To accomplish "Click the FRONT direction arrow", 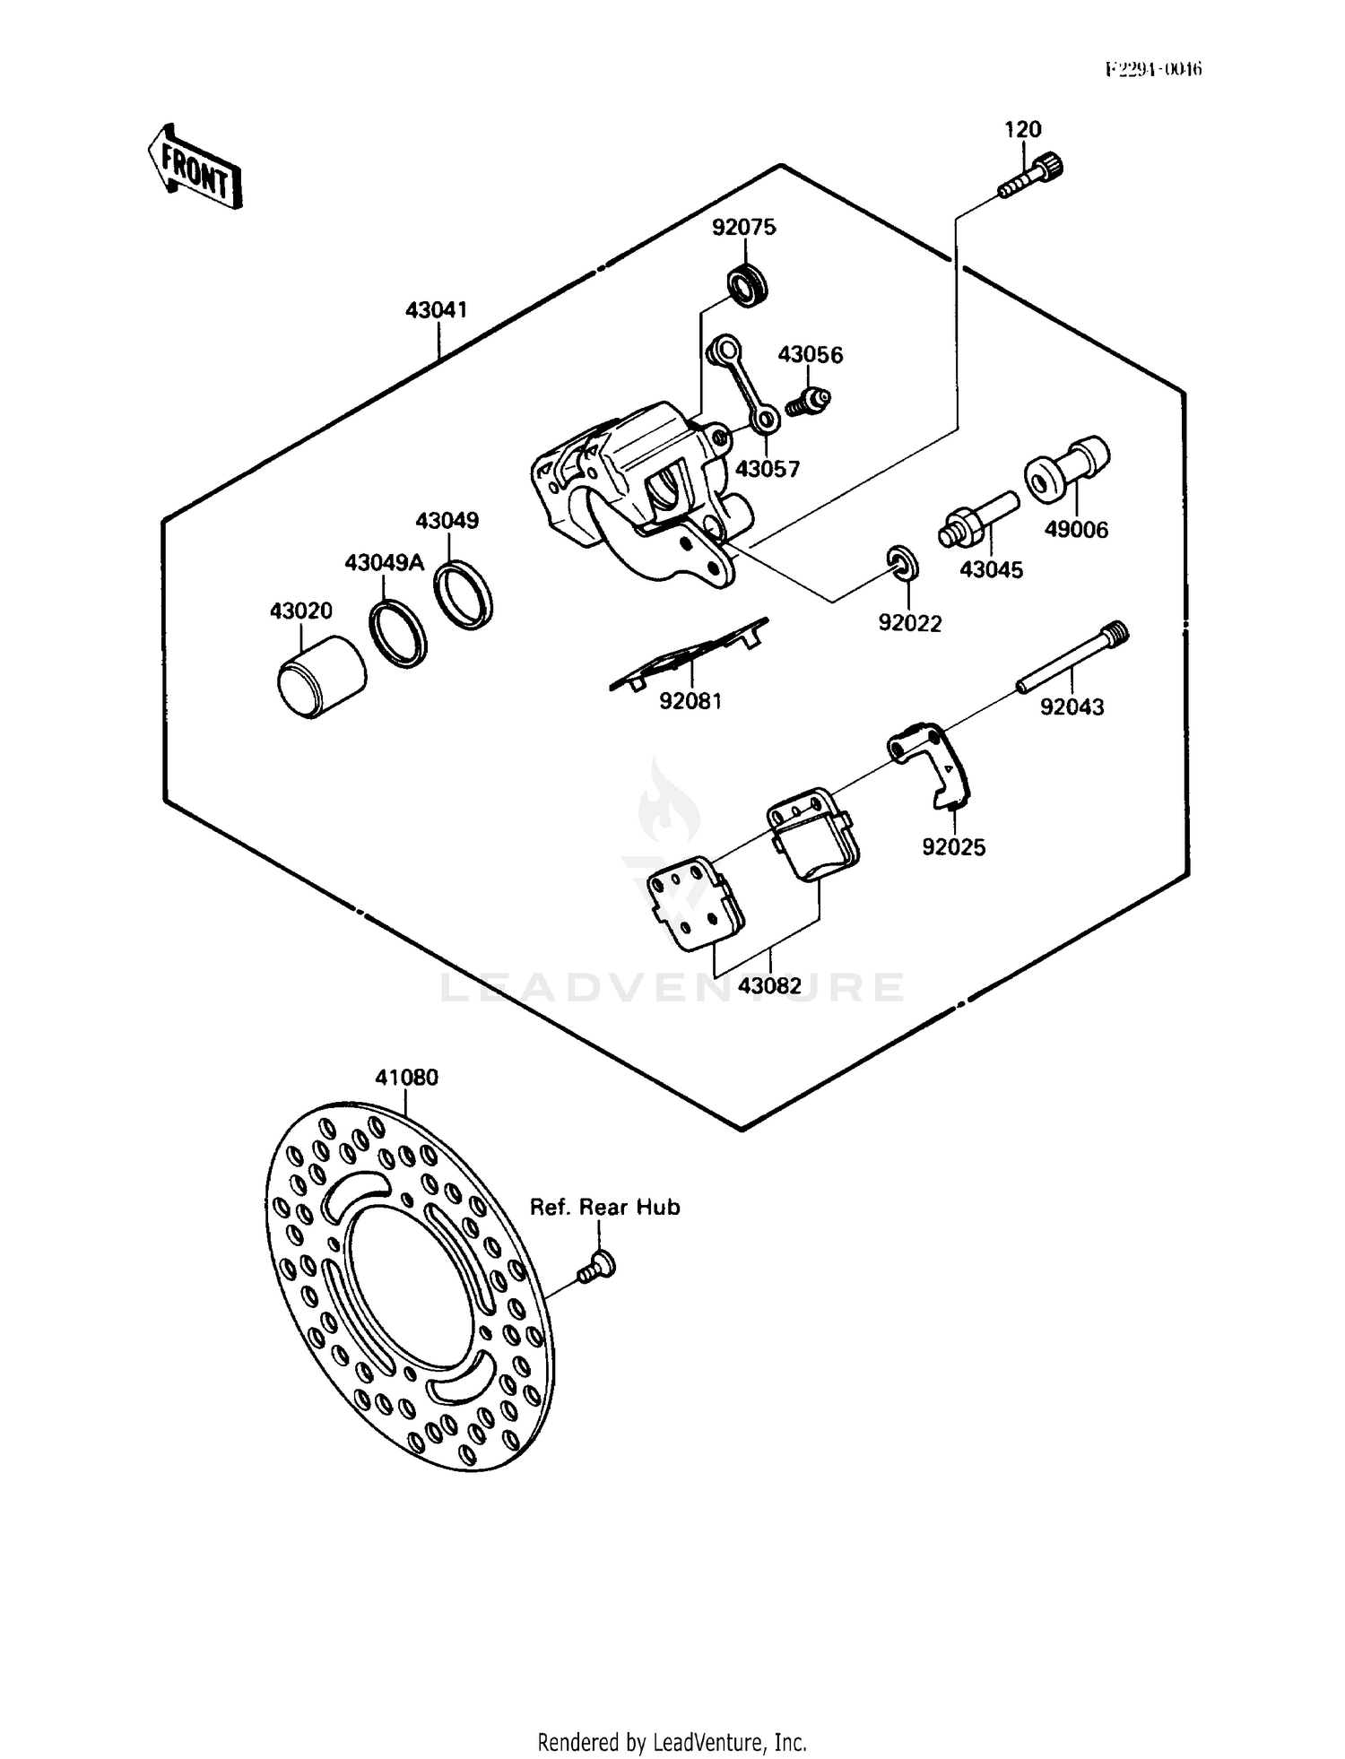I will click(195, 169).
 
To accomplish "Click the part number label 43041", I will click(436, 310).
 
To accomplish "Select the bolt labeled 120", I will click(1032, 178).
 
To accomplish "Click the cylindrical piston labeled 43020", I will click(320, 677).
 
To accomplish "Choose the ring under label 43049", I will click(463, 594).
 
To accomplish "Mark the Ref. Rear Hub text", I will click(604, 1208).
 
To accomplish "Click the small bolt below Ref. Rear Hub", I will click(595, 1267).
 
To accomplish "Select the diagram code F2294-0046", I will click(1153, 69).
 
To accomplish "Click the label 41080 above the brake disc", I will click(406, 1077).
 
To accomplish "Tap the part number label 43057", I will click(767, 468).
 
